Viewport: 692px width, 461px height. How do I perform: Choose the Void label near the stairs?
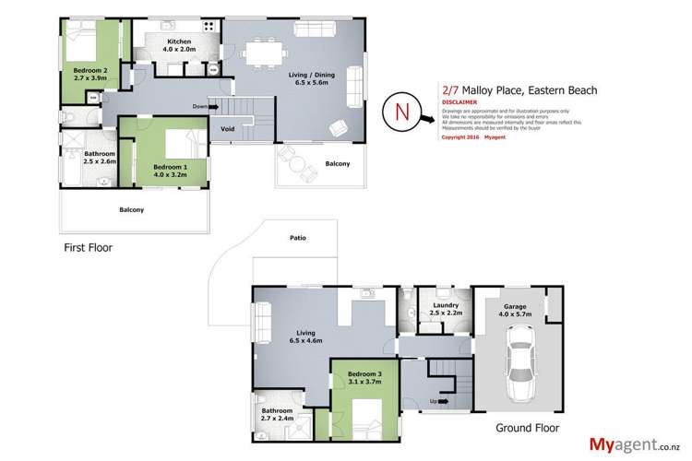click(227, 130)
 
